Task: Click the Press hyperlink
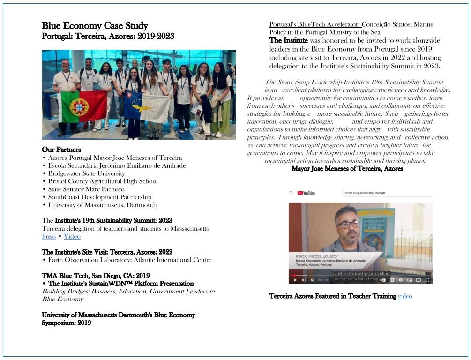tap(49, 236)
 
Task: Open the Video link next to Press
tap(72, 236)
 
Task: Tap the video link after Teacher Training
tap(405, 296)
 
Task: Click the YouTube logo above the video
tap(306, 193)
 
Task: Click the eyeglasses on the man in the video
tap(347, 224)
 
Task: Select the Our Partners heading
tap(61, 150)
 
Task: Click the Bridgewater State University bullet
tap(86, 173)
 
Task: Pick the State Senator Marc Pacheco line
tap(86, 189)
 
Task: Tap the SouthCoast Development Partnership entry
tap(99, 197)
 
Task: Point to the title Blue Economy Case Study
tap(95, 26)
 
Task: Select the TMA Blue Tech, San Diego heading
tap(96, 276)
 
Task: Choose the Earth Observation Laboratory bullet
tap(129, 260)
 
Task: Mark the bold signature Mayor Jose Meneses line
tap(347, 169)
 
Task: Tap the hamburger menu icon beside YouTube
tap(291, 193)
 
